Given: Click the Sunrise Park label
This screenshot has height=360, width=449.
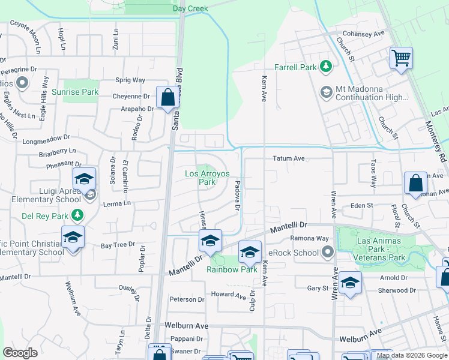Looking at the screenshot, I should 74,92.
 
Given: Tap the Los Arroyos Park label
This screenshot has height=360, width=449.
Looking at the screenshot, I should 208,178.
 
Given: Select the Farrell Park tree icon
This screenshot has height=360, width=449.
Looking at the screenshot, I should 326,66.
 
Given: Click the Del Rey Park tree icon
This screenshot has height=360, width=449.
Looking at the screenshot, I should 77,215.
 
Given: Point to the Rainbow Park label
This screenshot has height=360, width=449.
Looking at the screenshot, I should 232,269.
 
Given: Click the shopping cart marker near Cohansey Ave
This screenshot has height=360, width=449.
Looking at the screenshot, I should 401,59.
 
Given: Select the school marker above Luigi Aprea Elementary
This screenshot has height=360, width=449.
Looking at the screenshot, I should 84,179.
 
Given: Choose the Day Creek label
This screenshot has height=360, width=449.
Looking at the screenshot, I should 190,9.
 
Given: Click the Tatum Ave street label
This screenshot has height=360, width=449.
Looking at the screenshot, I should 289,158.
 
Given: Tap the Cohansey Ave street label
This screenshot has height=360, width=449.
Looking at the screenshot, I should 363,34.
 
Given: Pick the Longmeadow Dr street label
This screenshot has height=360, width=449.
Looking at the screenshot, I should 47,142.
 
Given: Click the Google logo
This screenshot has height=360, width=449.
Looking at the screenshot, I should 20,353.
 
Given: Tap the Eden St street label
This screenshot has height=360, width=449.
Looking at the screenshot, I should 362,205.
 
